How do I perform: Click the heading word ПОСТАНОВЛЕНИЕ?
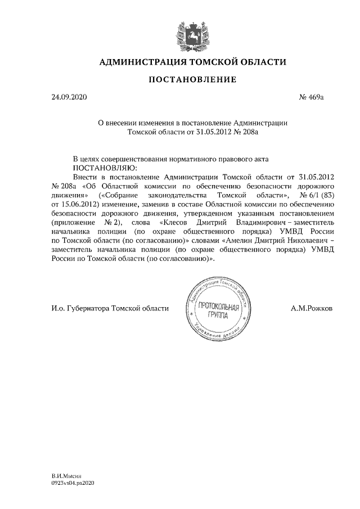pos(192,79)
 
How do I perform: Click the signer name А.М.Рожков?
pos(312,308)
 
